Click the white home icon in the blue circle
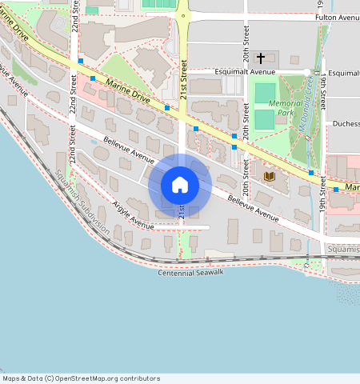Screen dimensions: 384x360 (180, 185)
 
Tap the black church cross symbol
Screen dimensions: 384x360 (260, 58)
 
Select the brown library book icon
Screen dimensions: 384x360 (269, 175)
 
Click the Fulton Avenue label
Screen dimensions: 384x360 (337, 17)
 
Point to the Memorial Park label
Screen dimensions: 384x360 (286, 108)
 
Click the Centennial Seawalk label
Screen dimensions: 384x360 (190, 274)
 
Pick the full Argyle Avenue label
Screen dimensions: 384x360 (134, 214)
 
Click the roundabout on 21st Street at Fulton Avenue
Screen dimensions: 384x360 (183, 15)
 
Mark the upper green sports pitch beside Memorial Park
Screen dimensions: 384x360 (264, 93)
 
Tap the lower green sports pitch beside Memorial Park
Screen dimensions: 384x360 (264, 120)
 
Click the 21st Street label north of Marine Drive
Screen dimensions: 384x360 (183, 80)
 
